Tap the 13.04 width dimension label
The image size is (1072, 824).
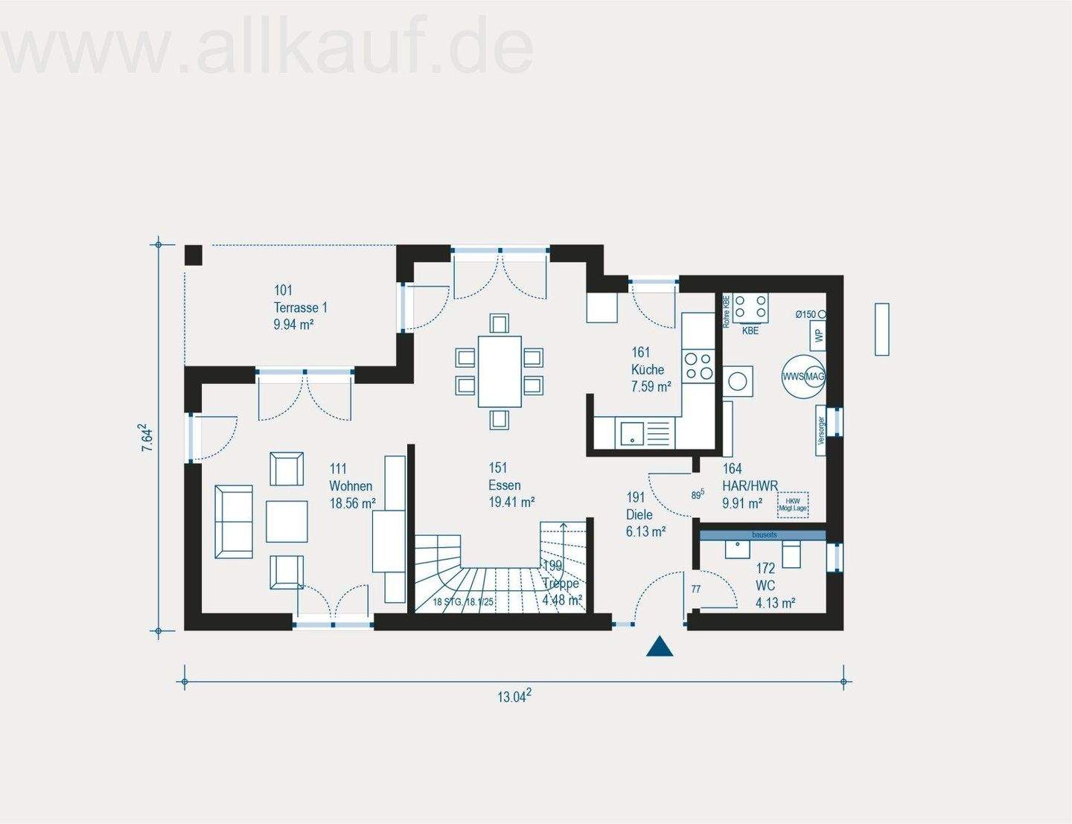(514, 697)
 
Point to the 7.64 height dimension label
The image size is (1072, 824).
(147, 438)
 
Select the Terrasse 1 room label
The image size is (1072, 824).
(300, 307)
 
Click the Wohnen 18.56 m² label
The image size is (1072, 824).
(352, 486)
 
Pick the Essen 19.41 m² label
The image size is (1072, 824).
(511, 485)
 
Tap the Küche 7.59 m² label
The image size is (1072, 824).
(651, 369)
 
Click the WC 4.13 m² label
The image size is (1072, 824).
(775, 586)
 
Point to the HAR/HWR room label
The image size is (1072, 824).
(750, 486)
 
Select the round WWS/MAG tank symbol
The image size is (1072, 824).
(803, 377)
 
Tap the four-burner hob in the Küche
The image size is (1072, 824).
(698, 365)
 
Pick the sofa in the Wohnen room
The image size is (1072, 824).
(233, 521)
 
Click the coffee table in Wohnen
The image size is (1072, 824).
(287, 521)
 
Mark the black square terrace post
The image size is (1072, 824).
(194, 255)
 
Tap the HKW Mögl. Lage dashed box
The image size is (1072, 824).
(793, 505)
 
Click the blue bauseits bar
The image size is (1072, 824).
(763, 534)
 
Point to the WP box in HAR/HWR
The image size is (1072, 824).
(819, 336)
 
